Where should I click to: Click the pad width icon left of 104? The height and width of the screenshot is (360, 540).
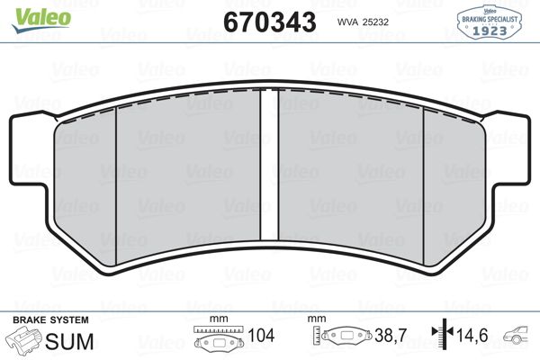point(217,341)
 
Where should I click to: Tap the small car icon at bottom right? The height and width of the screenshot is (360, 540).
point(519,340)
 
